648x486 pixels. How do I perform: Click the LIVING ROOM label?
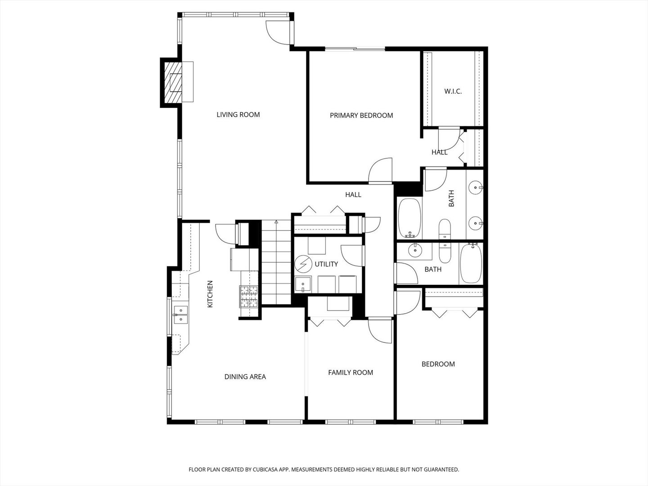point(238,115)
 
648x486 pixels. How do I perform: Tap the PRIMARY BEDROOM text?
point(361,116)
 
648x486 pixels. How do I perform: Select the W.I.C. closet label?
point(453,91)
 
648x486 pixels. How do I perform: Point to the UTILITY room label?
point(326,264)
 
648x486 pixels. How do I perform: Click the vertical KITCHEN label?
point(210,294)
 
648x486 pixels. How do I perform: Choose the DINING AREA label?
point(245,377)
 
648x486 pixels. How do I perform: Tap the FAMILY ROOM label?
point(350,373)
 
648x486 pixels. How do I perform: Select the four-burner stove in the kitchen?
point(249,297)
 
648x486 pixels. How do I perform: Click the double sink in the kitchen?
point(180,315)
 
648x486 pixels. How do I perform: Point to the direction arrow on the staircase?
point(276,222)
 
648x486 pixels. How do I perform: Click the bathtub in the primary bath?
point(409,218)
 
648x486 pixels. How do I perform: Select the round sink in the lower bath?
point(414,250)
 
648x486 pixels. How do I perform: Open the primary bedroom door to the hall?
point(381,171)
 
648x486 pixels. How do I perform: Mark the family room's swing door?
point(380,331)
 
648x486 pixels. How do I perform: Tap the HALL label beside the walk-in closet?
point(439,153)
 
